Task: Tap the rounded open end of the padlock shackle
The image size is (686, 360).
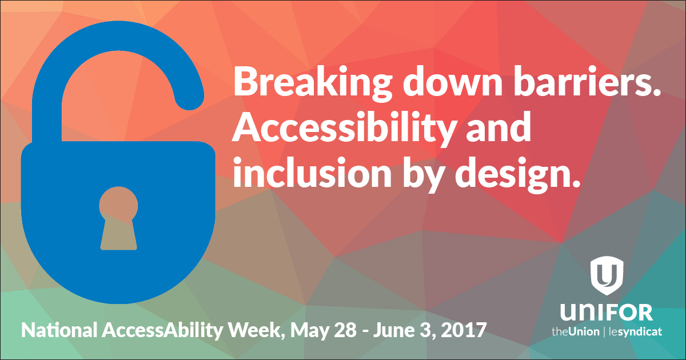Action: coord(190,97)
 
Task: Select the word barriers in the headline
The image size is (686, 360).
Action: coord(587,81)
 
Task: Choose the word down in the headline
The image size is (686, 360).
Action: coord(453,81)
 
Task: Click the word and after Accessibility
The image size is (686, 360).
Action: coord(498,126)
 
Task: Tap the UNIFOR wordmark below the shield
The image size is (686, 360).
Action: coord(607,312)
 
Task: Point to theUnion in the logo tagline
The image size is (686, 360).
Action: coord(576,332)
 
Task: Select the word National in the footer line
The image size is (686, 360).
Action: coord(59,330)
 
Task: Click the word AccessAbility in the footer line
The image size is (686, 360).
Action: coord(162,331)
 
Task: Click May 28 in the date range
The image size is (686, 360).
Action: coord(324,331)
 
